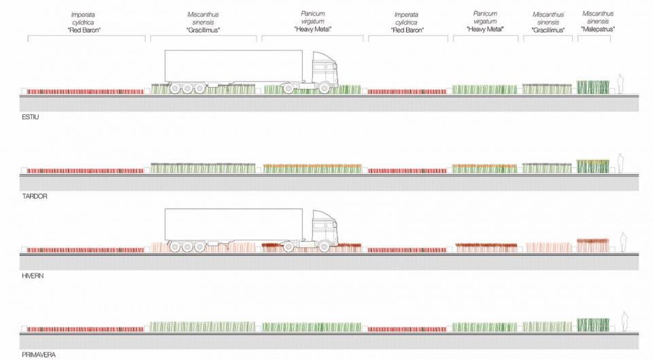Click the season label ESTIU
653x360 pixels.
pos(31,117)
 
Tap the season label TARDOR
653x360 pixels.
pos(35,196)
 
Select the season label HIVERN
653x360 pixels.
pos(33,276)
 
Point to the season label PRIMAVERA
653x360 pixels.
pos(39,355)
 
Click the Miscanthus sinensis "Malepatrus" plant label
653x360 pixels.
pos(598,21)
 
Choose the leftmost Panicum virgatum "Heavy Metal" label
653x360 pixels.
pos(313,21)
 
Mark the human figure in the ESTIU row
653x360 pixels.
pos(620,84)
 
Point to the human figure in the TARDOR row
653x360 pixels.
pos(620,163)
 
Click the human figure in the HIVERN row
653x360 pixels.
pos(624,242)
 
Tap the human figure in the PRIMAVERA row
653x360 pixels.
pos(624,321)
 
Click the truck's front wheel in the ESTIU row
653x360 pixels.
pos(324,88)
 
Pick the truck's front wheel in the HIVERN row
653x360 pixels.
pos(324,247)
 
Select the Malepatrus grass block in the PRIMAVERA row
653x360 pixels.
pos(593,325)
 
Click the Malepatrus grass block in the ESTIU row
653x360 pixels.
pos(593,87)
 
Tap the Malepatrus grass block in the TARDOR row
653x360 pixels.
pos(593,166)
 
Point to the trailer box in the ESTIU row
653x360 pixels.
pos(233,66)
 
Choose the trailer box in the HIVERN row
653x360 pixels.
pos(233,225)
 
